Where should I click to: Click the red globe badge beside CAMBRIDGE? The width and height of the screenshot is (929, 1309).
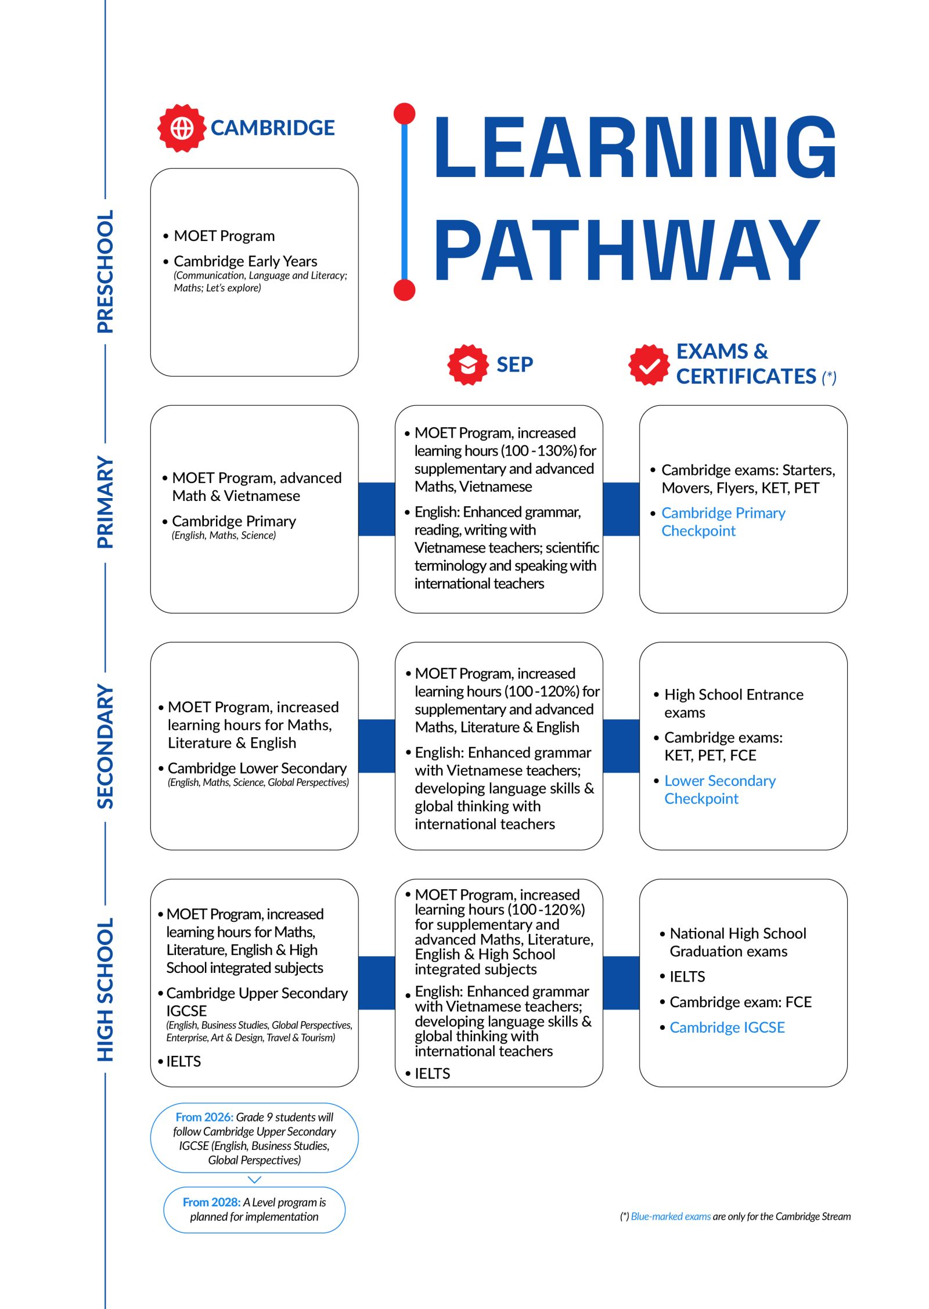click(182, 128)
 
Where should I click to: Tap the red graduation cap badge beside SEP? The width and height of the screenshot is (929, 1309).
click(467, 365)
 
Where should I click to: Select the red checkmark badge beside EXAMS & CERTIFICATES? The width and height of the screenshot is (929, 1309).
click(649, 365)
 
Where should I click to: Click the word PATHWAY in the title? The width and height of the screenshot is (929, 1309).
click(627, 250)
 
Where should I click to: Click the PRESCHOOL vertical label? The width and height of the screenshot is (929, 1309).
click(105, 271)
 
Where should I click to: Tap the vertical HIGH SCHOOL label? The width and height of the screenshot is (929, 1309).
click(105, 990)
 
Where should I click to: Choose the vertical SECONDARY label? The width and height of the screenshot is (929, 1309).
click(105, 747)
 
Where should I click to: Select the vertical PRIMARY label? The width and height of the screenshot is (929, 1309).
click(105, 503)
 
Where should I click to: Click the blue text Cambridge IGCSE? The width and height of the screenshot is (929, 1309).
click(727, 1027)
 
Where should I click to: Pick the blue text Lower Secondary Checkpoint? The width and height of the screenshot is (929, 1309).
click(720, 789)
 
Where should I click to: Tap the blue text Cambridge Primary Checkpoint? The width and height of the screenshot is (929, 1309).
click(723, 521)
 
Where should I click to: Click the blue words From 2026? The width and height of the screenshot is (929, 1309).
click(204, 1117)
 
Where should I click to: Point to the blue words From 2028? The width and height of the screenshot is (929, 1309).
click(211, 1202)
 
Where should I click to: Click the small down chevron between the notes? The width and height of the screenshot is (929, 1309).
click(254, 1180)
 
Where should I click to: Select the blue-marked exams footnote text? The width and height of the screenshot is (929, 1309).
click(671, 1217)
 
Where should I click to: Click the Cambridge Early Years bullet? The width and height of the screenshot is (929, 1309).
click(245, 261)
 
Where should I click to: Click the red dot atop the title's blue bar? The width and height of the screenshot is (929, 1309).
click(404, 114)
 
